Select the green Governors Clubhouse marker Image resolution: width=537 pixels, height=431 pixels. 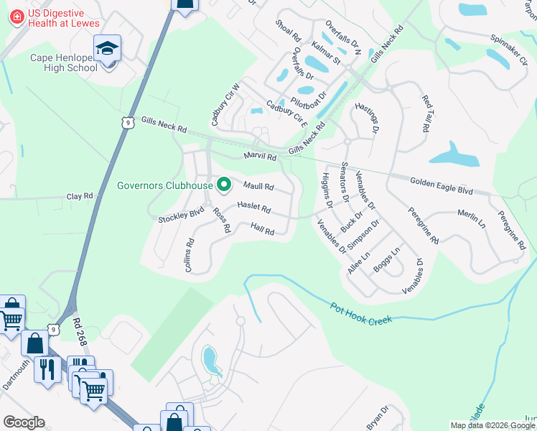(x=223, y=185)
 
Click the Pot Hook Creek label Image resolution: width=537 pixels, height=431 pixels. (x=361, y=312)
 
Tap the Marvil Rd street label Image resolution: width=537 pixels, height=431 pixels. (x=260, y=156)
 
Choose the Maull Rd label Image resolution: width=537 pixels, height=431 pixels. (x=258, y=187)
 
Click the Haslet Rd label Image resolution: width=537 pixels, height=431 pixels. (x=254, y=208)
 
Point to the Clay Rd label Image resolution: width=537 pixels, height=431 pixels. (x=80, y=196)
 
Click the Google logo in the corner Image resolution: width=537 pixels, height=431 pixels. (x=24, y=422)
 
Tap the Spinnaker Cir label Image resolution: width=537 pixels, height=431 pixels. (x=508, y=48)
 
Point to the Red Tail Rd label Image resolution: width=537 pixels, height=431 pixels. (x=426, y=113)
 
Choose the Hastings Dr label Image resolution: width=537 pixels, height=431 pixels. (x=366, y=118)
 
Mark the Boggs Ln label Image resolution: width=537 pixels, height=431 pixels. (x=386, y=260)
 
